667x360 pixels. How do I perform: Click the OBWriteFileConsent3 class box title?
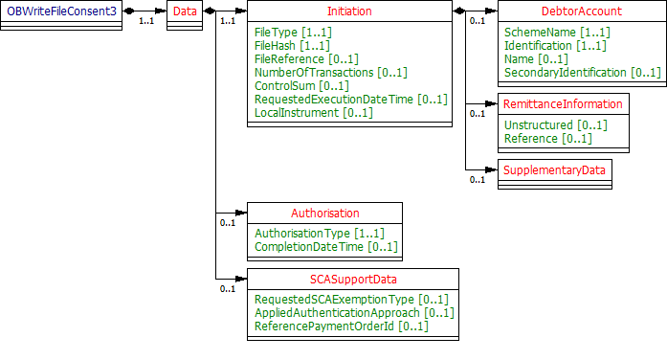tap(62, 11)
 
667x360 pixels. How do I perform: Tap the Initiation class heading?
tap(349, 11)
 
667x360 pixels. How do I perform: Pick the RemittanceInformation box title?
tap(564, 103)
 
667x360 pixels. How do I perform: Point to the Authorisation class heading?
tap(325, 213)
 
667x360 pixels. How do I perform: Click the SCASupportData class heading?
tap(353, 279)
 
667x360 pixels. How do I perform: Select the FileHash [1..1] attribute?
tap(292, 45)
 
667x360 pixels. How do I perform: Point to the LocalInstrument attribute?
tap(313, 112)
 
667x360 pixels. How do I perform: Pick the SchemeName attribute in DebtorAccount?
tap(557, 32)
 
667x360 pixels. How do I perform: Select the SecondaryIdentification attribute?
tap(582, 72)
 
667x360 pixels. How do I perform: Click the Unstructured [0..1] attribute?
tap(555, 124)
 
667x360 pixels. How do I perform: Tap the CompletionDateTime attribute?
tap(322, 247)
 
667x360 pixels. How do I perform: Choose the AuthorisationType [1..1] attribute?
tap(319, 233)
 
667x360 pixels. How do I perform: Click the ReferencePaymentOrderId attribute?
tap(341, 326)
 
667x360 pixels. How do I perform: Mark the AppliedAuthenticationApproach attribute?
tap(353, 312)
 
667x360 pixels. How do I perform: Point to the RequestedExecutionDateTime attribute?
tap(350, 99)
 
